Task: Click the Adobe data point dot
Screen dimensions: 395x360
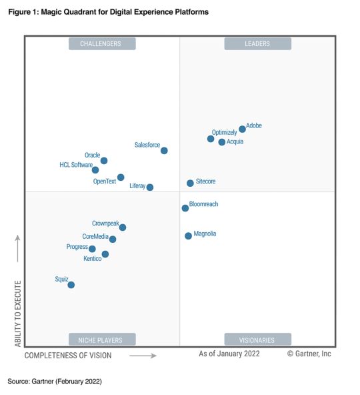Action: pos(242,129)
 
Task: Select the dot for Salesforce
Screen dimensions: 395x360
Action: pos(164,151)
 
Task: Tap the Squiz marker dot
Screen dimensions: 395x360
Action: pos(71,285)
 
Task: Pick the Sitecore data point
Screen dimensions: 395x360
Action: pos(190,183)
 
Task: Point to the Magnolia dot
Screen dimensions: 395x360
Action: pos(188,236)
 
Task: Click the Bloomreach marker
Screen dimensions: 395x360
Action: pos(185,208)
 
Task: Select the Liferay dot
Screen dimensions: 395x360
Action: pos(150,187)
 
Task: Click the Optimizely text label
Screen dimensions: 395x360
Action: pos(224,133)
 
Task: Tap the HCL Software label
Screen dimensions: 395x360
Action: pos(76,165)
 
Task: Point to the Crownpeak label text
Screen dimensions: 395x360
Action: pos(105,224)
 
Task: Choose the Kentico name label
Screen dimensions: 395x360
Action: pos(93,259)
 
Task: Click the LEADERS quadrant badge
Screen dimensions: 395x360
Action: pos(257,44)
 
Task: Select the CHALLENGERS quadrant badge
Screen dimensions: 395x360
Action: pos(102,44)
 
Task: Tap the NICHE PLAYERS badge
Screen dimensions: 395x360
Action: pos(102,339)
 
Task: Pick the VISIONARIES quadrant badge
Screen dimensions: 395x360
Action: pos(257,339)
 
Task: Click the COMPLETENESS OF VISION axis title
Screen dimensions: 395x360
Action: pos(68,356)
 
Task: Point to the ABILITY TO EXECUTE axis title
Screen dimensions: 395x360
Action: pos(18,314)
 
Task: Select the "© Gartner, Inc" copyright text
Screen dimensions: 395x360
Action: pos(309,354)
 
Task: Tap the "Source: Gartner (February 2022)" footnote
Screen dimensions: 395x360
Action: pos(55,381)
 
